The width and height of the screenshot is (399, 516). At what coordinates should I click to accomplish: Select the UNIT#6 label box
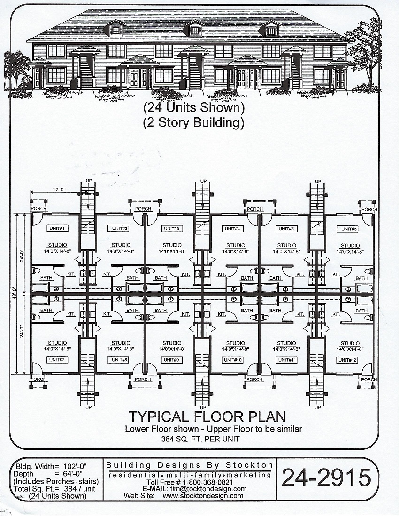point(350,228)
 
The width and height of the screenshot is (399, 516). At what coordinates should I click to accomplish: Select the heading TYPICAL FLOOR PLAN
point(207,417)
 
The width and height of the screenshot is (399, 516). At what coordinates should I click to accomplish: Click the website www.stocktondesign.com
point(203,495)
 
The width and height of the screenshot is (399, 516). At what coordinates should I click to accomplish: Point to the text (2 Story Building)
point(194,123)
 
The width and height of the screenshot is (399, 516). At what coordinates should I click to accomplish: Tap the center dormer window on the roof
point(193,30)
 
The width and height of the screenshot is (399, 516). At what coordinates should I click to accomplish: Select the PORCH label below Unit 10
point(254,379)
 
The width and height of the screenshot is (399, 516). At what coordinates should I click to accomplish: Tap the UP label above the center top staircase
point(203,181)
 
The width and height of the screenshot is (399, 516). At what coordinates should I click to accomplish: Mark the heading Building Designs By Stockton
point(190,465)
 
